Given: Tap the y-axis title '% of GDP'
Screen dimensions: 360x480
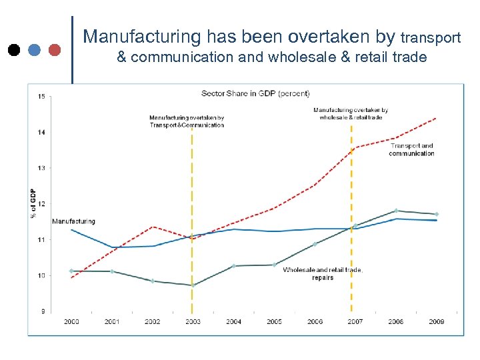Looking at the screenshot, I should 33,203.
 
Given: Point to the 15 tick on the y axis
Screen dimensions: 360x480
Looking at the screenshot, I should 41,97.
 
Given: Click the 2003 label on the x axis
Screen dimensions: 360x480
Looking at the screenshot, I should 193,321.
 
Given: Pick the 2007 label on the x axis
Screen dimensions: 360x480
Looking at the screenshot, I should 355,321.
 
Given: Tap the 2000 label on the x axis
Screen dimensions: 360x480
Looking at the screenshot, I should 71,321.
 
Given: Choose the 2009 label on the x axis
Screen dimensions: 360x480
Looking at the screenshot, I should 436,321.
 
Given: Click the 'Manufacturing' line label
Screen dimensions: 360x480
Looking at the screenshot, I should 73,221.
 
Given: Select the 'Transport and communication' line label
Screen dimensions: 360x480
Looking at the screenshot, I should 411,149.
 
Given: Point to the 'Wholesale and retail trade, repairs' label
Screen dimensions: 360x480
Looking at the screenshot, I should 323,273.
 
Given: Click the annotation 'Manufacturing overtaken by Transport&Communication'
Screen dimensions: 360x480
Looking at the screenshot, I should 187,121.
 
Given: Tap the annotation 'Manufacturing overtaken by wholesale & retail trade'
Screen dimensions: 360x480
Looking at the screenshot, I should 351,113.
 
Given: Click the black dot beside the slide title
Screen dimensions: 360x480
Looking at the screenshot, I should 13,49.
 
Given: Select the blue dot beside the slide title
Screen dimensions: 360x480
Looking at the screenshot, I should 34,49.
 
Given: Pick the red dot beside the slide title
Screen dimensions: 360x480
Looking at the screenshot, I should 55,49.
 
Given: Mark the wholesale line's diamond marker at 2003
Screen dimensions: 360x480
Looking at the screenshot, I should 193,285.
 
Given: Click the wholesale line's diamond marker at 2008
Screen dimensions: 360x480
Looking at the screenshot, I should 396,211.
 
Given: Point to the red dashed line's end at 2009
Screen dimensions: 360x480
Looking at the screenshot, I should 436,118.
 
